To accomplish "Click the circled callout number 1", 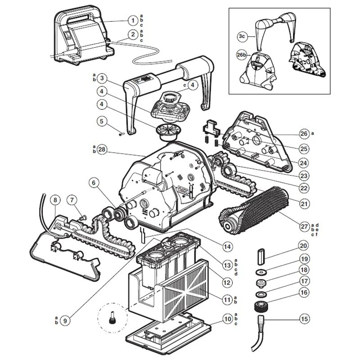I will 132,20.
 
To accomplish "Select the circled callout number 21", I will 304,203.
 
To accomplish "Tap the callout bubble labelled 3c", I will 242,35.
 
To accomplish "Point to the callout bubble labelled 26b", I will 241,56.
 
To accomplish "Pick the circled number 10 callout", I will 226,319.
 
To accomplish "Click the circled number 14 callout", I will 226,247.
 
